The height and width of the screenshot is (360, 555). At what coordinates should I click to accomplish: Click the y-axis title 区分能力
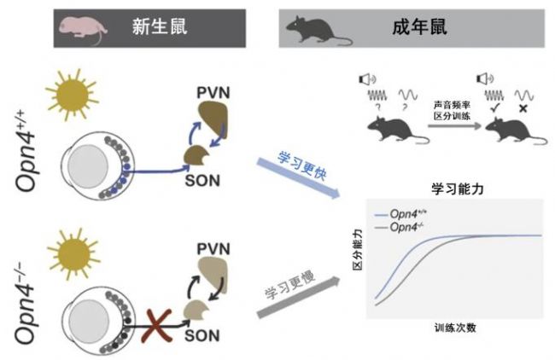[358, 256]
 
